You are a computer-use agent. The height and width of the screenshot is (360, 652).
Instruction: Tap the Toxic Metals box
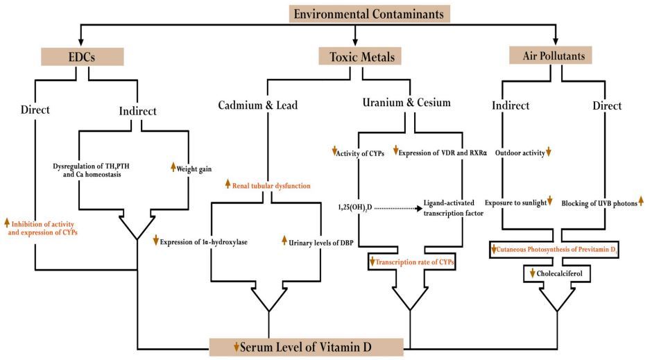coord(355,56)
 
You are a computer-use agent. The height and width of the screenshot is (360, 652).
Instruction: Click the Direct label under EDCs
coord(36,109)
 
